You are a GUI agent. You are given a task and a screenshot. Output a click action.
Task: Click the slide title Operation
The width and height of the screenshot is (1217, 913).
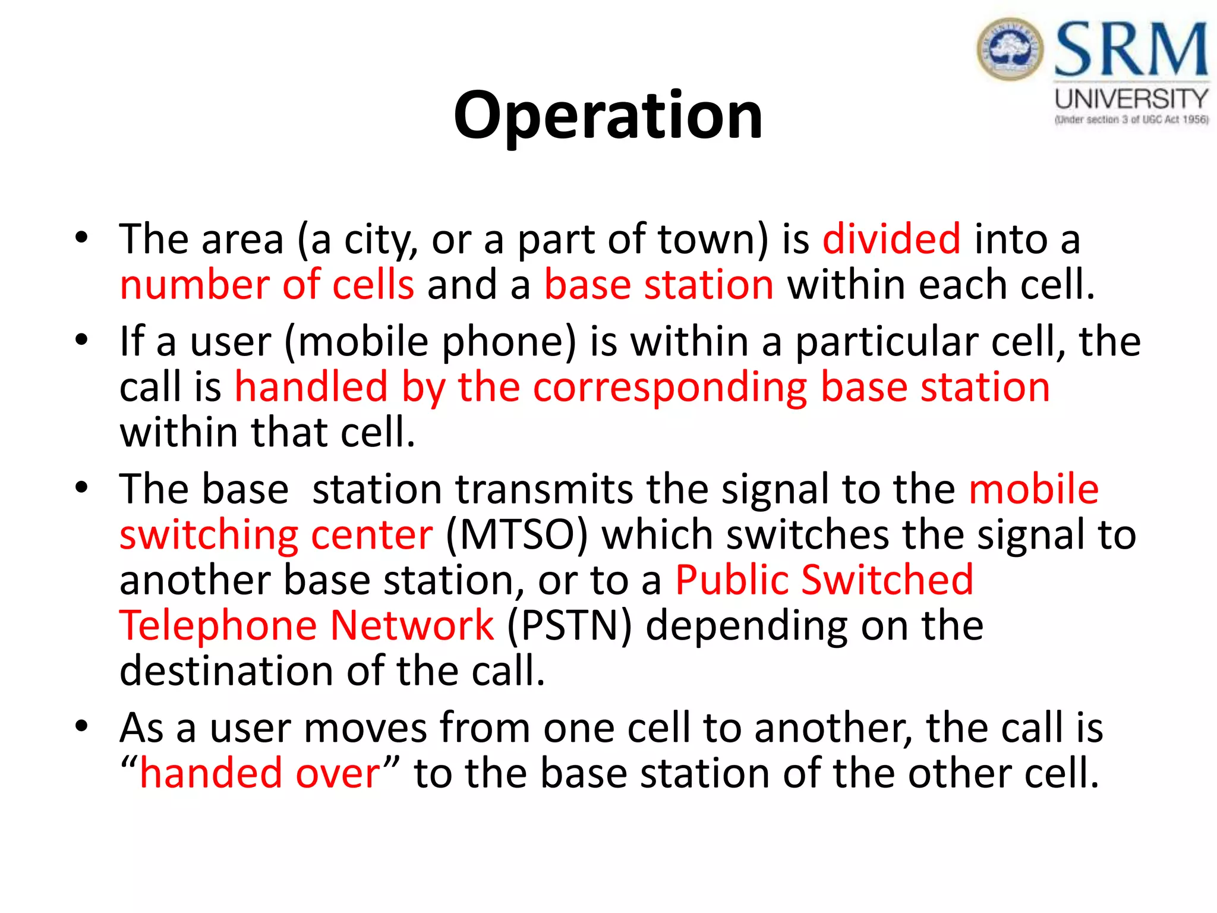click(x=608, y=116)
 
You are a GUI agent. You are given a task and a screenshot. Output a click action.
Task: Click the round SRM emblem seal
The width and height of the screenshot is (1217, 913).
click(x=1010, y=49)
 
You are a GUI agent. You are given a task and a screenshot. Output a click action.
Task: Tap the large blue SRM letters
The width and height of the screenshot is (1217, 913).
click(x=1131, y=50)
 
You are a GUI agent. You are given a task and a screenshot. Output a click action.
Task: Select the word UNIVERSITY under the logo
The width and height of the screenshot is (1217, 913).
click(x=1131, y=99)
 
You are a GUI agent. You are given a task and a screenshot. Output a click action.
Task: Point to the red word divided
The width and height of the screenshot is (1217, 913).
click(x=891, y=239)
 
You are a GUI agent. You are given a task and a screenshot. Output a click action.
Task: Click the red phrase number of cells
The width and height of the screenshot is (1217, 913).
click(x=267, y=285)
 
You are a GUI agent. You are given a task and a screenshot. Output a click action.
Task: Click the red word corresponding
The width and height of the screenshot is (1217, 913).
click(x=670, y=387)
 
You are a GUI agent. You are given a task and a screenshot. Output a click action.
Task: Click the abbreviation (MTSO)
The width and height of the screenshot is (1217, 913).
click(x=516, y=534)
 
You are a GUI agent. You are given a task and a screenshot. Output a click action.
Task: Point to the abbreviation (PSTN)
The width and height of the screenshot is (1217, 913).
click(x=569, y=625)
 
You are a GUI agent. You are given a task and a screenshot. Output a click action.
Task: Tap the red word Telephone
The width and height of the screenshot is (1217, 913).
click(x=218, y=625)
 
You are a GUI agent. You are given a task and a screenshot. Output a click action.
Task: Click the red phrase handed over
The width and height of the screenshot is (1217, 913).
click(x=260, y=773)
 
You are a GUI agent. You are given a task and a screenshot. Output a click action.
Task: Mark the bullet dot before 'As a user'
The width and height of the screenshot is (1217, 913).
click(x=81, y=726)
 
